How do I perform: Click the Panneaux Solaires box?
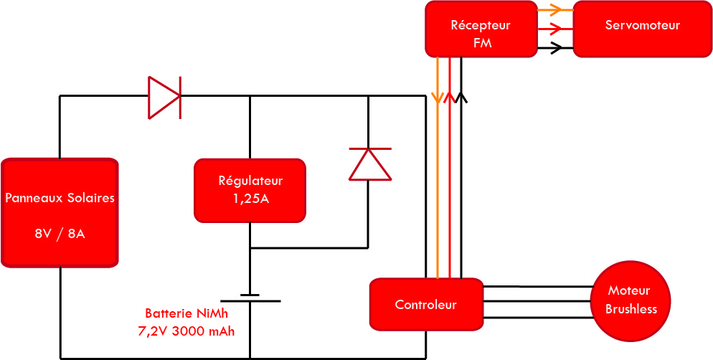(x=60, y=213)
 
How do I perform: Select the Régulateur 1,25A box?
(x=250, y=191)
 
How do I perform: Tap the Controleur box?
(x=426, y=304)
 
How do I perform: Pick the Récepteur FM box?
(x=481, y=29)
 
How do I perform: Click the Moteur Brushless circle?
(x=631, y=300)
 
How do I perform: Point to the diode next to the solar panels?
(x=164, y=98)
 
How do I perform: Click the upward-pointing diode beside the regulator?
(x=369, y=164)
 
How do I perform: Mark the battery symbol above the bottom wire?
(x=250, y=298)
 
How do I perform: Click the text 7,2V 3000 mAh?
(x=186, y=331)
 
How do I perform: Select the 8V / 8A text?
(x=60, y=234)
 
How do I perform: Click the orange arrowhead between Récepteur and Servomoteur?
(x=554, y=9)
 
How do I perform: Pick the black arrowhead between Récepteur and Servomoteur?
(x=556, y=48)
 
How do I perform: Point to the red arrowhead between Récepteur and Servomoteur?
(x=554, y=29)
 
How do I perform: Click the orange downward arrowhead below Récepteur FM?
(x=438, y=98)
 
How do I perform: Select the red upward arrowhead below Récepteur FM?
(x=449, y=98)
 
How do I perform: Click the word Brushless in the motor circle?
(x=631, y=309)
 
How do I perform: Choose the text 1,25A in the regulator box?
(x=250, y=199)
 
